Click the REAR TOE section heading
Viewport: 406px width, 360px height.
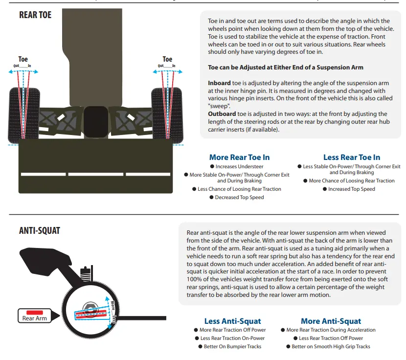(x=35, y=15)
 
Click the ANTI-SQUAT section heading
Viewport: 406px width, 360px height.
(x=39, y=230)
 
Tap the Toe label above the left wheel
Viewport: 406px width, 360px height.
(x=23, y=59)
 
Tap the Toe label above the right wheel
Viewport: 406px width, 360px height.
(x=167, y=59)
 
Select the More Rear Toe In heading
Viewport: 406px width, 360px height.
(x=239, y=157)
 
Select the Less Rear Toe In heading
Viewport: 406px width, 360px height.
(x=352, y=157)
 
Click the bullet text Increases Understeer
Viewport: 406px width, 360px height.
(x=239, y=166)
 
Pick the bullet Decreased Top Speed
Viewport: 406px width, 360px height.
(x=239, y=197)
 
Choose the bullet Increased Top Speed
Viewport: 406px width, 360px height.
(x=351, y=189)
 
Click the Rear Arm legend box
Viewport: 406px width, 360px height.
(x=34, y=315)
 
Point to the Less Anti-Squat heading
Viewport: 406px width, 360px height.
(x=232, y=321)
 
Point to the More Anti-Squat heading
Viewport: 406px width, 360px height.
(x=331, y=321)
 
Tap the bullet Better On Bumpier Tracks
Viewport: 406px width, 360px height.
(x=232, y=346)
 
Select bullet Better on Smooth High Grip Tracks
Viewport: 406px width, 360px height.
(x=331, y=346)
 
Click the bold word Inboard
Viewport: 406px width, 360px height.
(x=219, y=83)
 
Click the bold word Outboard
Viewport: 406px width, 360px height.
(x=222, y=114)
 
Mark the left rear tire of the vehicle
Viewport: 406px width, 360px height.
(x=24, y=115)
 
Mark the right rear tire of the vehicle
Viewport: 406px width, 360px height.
(x=167, y=115)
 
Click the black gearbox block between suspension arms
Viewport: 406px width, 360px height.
(x=96, y=122)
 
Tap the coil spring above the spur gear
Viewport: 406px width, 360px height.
(x=86, y=275)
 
